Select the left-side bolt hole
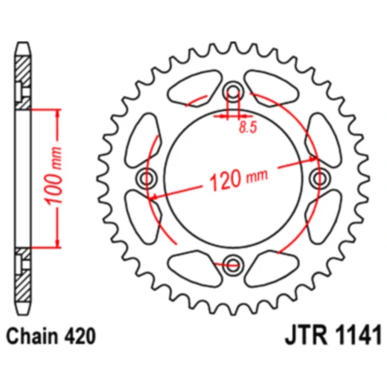tap(146, 178)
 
